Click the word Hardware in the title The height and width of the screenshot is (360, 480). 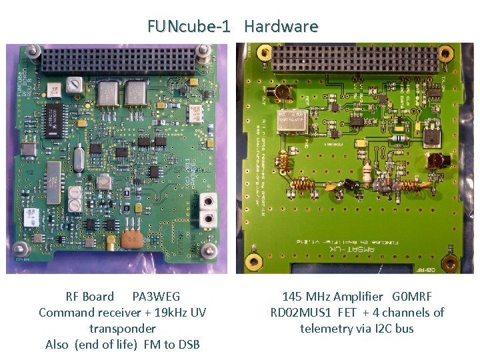click(x=281, y=27)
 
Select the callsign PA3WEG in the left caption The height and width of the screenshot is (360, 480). click(x=156, y=297)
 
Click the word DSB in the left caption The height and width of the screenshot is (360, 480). click(x=187, y=345)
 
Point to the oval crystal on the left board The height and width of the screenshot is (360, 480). click(x=79, y=160)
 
